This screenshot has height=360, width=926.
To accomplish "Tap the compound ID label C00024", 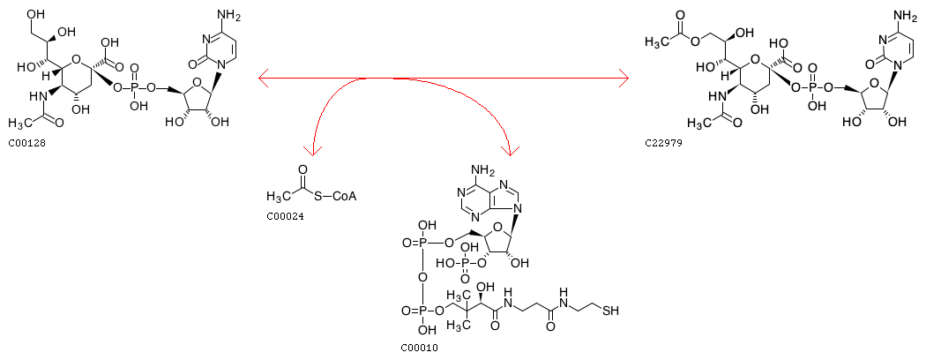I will (x=285, y=216).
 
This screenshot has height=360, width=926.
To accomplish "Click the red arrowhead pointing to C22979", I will (x=624, y=79).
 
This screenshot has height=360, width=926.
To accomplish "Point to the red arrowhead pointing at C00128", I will (x=262, y=79).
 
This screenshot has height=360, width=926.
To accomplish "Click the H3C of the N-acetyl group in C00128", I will (x=20, y=124).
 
